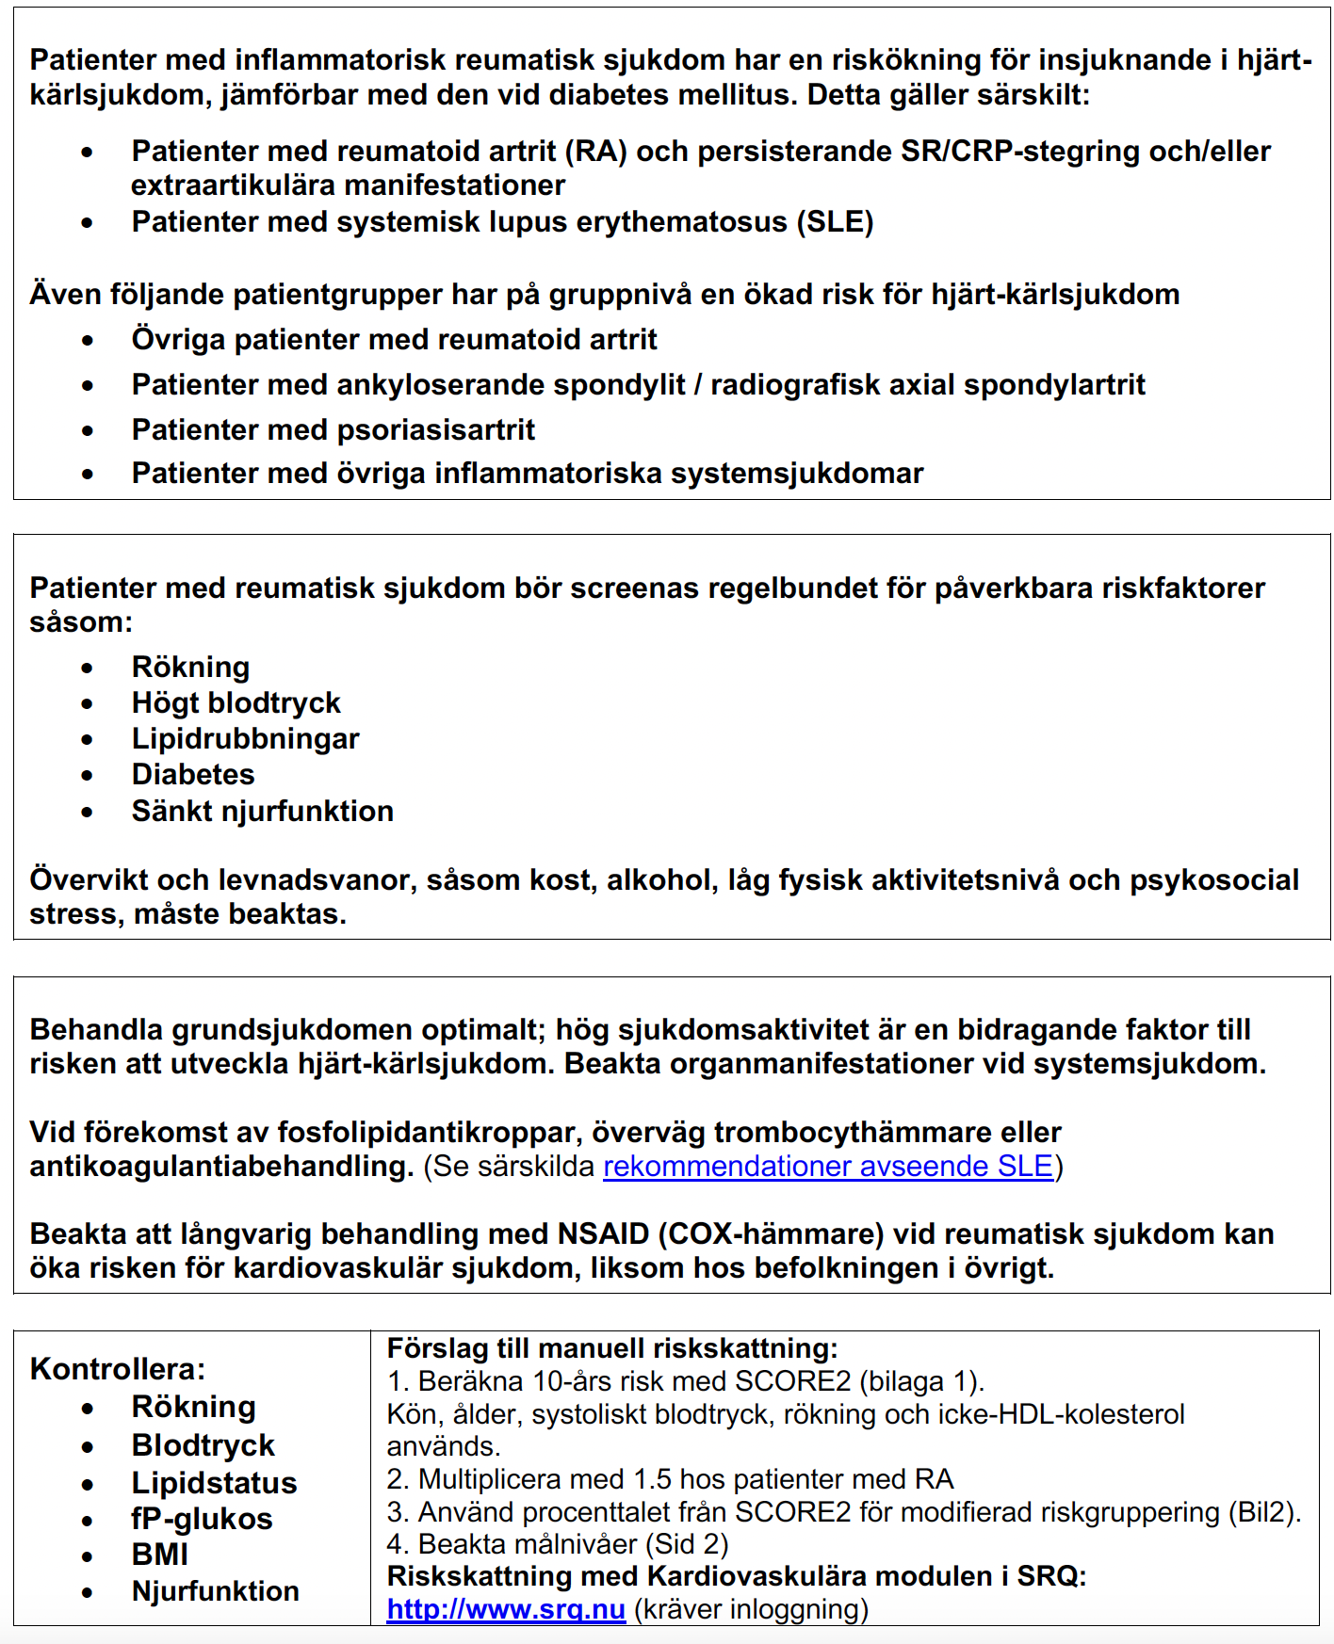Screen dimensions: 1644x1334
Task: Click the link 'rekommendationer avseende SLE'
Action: point(827,1167)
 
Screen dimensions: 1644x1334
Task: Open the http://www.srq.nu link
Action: point(506,1609)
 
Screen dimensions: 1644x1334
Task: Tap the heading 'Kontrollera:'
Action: point(118,1369)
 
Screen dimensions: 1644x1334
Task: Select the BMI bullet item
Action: point(160,1555)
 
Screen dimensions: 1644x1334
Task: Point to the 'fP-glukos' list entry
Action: point(202,1519)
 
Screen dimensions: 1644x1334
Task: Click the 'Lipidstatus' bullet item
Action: point(214,1483)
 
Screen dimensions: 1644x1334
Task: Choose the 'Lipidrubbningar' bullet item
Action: point(245,739)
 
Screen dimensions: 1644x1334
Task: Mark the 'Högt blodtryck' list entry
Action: point(236,703)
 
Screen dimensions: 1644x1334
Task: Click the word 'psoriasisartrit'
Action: point(436,430)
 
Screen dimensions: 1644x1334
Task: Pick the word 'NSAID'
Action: point(604,1234)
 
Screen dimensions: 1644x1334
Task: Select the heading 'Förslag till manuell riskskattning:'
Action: point(612,1348)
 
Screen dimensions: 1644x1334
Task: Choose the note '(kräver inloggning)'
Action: point(751,1609)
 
